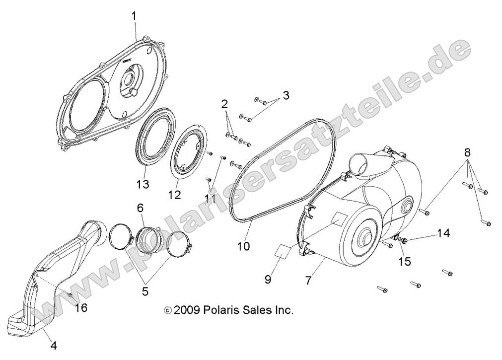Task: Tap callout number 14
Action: tap(443, 232)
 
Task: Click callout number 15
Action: tap(405, 261)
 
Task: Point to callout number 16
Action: tap(81, 308)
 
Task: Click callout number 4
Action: tap(54, 346)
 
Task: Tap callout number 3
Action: tap(286, 94)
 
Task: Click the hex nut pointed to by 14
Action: tap(405, 241)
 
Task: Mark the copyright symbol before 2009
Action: tap(167, 311)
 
